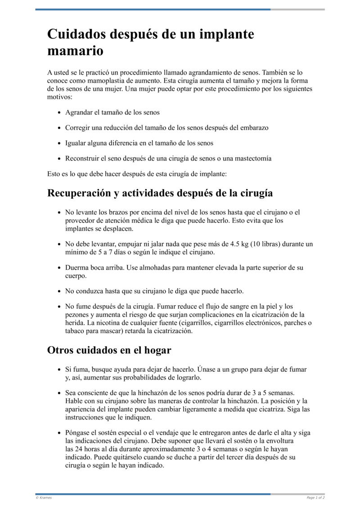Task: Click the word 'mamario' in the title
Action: pos(75,51)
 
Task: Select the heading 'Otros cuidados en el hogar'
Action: pos(109,350)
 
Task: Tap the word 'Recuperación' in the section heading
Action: pos(78,193)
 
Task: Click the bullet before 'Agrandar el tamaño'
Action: pos(59,112)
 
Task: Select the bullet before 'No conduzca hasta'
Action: pos(59,291)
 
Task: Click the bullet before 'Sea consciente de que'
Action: pos(59,393)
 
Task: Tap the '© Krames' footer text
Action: pos(44,498)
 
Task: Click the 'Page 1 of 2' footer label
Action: pos(315,498)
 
